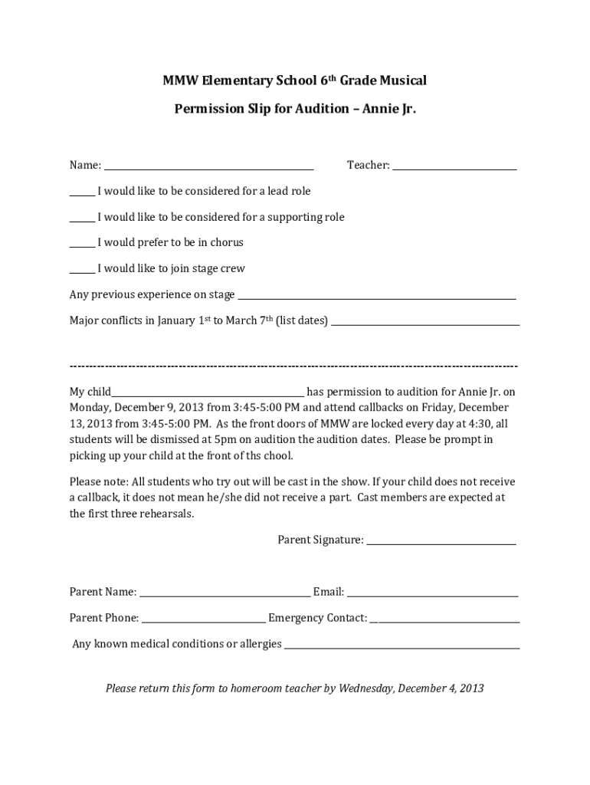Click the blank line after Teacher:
[x=454, y=167]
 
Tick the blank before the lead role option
[x=82, y=193]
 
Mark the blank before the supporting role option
[x=82, y=219]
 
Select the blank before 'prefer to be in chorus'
[x=82, y=245]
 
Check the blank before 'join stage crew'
[x=82, y=271]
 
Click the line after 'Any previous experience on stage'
[x=376, y=297]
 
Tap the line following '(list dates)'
[x=425, y=324]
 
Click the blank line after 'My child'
[x=208, y=394]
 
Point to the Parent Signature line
[x=441, y=543]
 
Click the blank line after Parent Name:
[x=225, y=594]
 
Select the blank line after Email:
[x=433, y=594]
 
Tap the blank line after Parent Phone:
[x=204, y=620]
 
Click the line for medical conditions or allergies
[x=402, y=646]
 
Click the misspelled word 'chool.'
[x=277, y=455]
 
